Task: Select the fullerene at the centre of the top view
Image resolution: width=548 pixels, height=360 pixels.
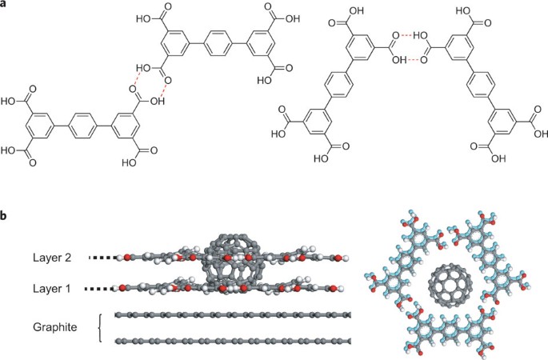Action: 447,286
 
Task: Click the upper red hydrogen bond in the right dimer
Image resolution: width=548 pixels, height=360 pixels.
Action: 410,35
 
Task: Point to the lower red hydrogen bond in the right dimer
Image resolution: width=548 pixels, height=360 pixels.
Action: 410,59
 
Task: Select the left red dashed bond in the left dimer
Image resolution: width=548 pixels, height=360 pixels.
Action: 138,79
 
